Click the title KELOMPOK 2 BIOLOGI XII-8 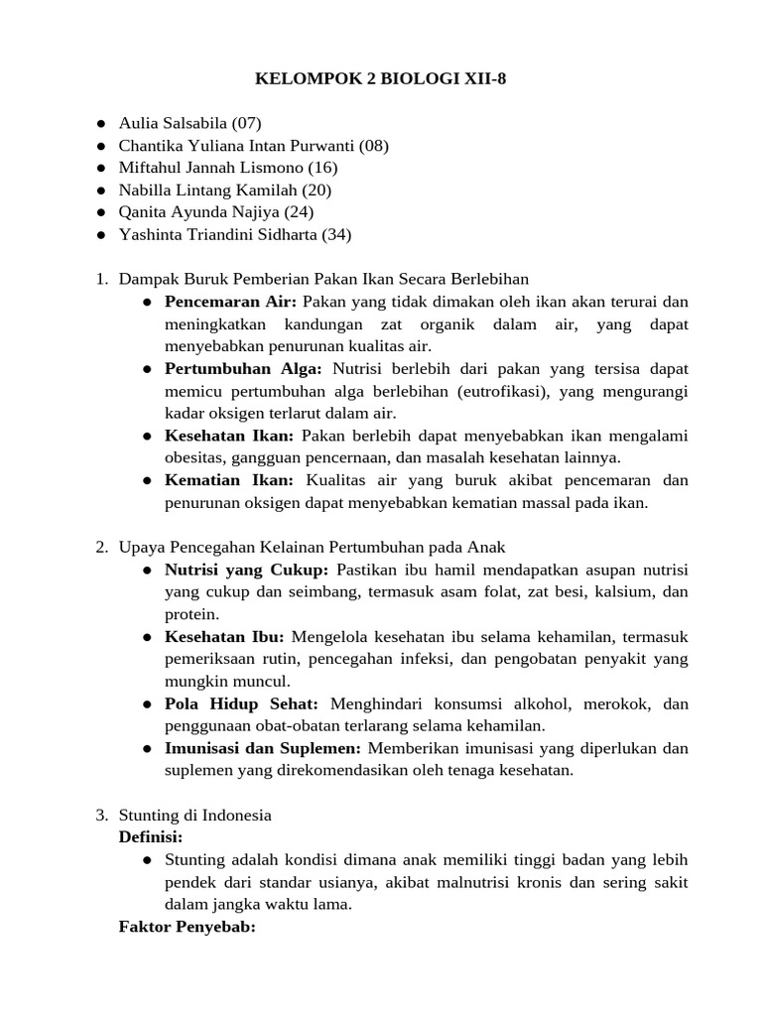(x=381, y=78)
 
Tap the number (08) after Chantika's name (x=374, y=146)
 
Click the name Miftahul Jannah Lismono (x=211, y=168)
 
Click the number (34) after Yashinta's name (x=335, y=234)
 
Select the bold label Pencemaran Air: (x=231, y=302)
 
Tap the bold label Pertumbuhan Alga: (x=243, y=369)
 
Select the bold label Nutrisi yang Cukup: (x=246, y=570)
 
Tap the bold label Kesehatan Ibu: (x=224, y=636)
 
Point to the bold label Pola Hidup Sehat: (x=241, y=703)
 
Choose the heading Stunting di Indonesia (x=194, y=815)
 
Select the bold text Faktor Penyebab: (x=187, y=927)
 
